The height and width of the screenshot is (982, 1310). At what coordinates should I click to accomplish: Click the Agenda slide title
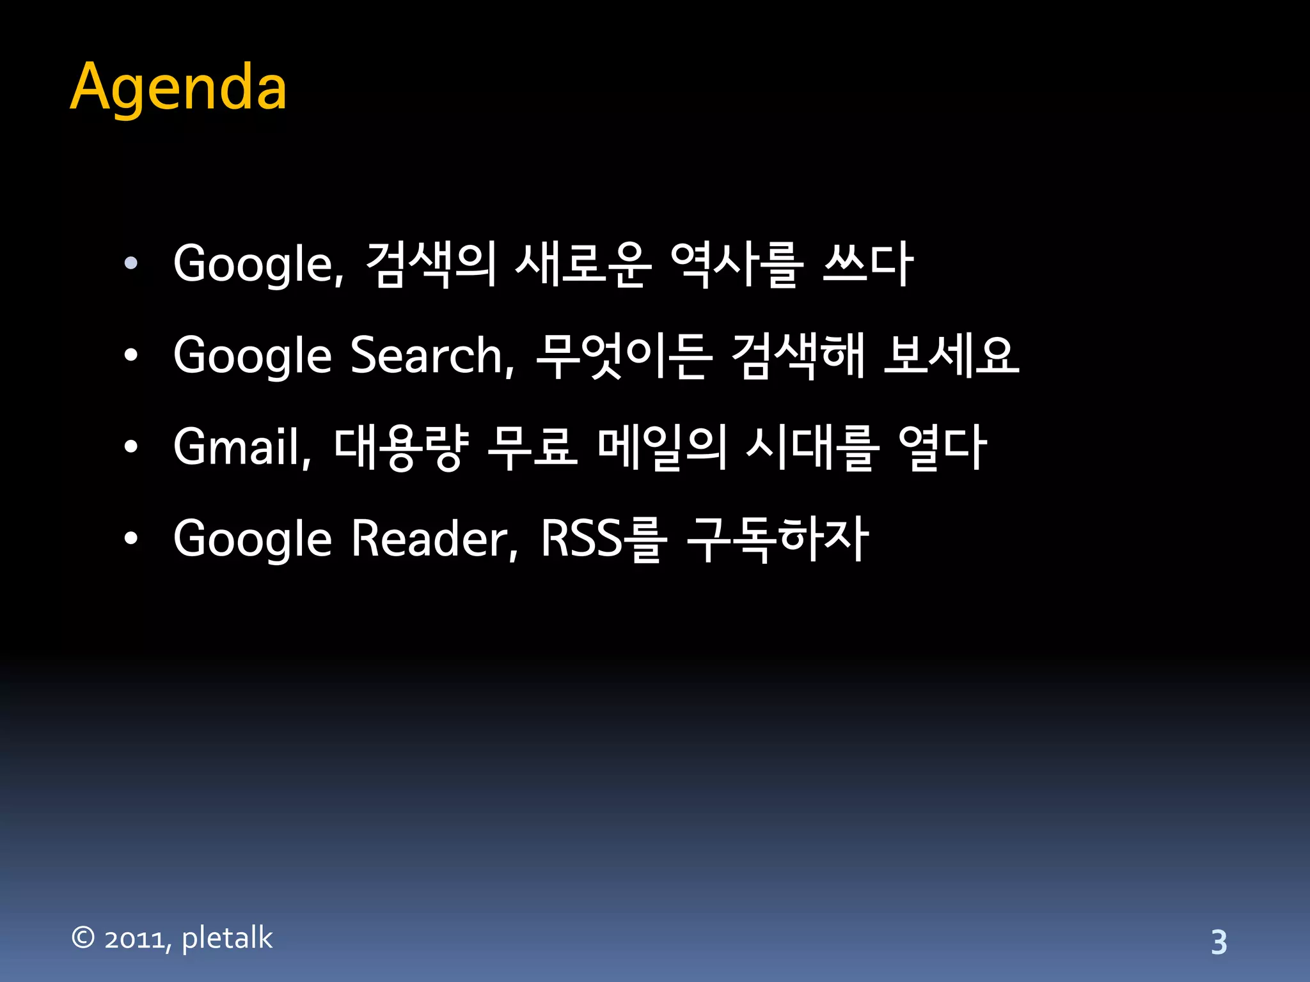coord(178,88)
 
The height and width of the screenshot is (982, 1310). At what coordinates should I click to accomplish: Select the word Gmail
coord(242,447)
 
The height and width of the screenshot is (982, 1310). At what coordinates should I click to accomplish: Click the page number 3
coord(1219,942)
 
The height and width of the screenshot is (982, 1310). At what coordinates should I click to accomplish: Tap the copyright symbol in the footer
coord(83,938)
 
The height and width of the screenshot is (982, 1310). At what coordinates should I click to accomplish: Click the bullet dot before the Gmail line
coord(131,447)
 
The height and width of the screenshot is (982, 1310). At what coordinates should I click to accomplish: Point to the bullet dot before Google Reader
coord(131,539)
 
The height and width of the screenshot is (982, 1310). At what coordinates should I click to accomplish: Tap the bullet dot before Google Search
coord(131,355)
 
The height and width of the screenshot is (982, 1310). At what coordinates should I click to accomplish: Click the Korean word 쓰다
coord(868,264)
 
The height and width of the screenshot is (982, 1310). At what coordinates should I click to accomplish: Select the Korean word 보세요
coord(951,355)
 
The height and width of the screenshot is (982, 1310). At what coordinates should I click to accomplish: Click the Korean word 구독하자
coord(778,539)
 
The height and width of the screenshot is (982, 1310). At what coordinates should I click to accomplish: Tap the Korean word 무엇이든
coord(624,355)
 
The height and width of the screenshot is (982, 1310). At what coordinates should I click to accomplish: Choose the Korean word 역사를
coord(736,264)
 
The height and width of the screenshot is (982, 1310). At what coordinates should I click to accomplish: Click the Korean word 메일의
coord(662,447)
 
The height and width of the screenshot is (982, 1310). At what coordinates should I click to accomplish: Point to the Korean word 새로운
coord(583,264)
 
